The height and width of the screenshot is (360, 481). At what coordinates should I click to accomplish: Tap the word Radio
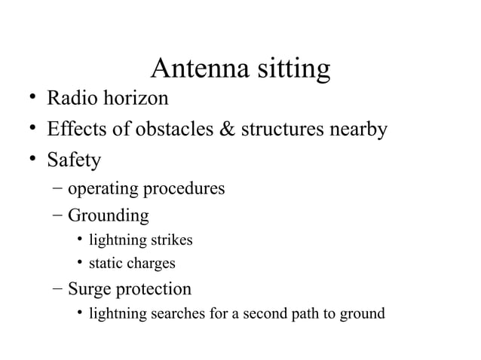coord(70,99)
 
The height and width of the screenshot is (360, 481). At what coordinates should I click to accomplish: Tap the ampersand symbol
coord(226,130)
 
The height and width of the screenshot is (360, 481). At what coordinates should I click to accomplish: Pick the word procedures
coord(186,189)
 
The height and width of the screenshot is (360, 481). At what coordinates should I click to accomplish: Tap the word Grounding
coord(109,217)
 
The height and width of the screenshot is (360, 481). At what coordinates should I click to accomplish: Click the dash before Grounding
coord(58,216)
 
